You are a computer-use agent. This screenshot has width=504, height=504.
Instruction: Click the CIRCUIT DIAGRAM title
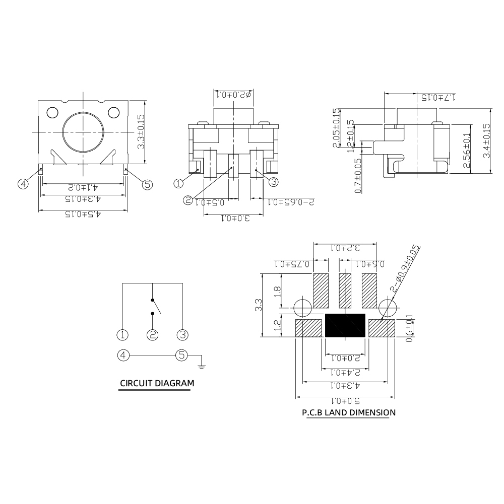(x=156, y=384)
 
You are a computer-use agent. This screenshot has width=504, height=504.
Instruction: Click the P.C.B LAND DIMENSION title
(x=348, y=413)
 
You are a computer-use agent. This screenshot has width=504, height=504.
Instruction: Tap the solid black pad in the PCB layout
(x=346, y=325)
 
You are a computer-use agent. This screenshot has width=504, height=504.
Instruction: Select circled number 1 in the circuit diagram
(x=122, y=334)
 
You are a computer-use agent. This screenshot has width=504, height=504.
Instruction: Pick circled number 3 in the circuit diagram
(x=182, y=334)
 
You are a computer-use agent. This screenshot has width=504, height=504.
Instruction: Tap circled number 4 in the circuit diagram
(x=122, y=355)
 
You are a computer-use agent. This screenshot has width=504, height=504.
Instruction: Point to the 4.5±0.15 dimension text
(x=83, y=214)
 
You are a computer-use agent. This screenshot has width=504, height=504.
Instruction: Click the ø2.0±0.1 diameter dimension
(x=233, y=94)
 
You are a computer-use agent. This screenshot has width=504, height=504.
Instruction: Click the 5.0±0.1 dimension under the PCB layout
(x=345, y=402)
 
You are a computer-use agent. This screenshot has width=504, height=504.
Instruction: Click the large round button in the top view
(x=83, y=132)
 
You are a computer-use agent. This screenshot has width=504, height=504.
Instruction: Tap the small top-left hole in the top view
(x=52, y=112)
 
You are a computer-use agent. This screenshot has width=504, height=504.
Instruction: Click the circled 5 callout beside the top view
(x=147, y=185)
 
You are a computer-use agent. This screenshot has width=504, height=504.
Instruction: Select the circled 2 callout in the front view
(x=187, y=200)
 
